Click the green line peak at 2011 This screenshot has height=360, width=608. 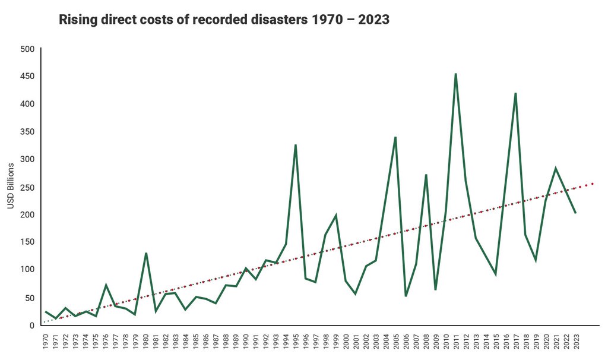455,74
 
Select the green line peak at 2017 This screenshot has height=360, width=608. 515,94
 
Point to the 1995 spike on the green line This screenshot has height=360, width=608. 295,145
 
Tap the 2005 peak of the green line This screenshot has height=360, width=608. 395,137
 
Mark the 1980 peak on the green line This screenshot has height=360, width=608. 145,254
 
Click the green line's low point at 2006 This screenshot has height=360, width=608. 406,295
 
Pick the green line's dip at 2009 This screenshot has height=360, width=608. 435,289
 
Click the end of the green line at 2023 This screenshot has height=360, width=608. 575,213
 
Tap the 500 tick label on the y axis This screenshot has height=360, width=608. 28,49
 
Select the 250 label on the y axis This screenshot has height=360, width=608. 28,187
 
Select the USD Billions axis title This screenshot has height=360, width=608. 11,186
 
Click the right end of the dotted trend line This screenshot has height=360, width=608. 593,184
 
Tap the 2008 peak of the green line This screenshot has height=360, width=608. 426,175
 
